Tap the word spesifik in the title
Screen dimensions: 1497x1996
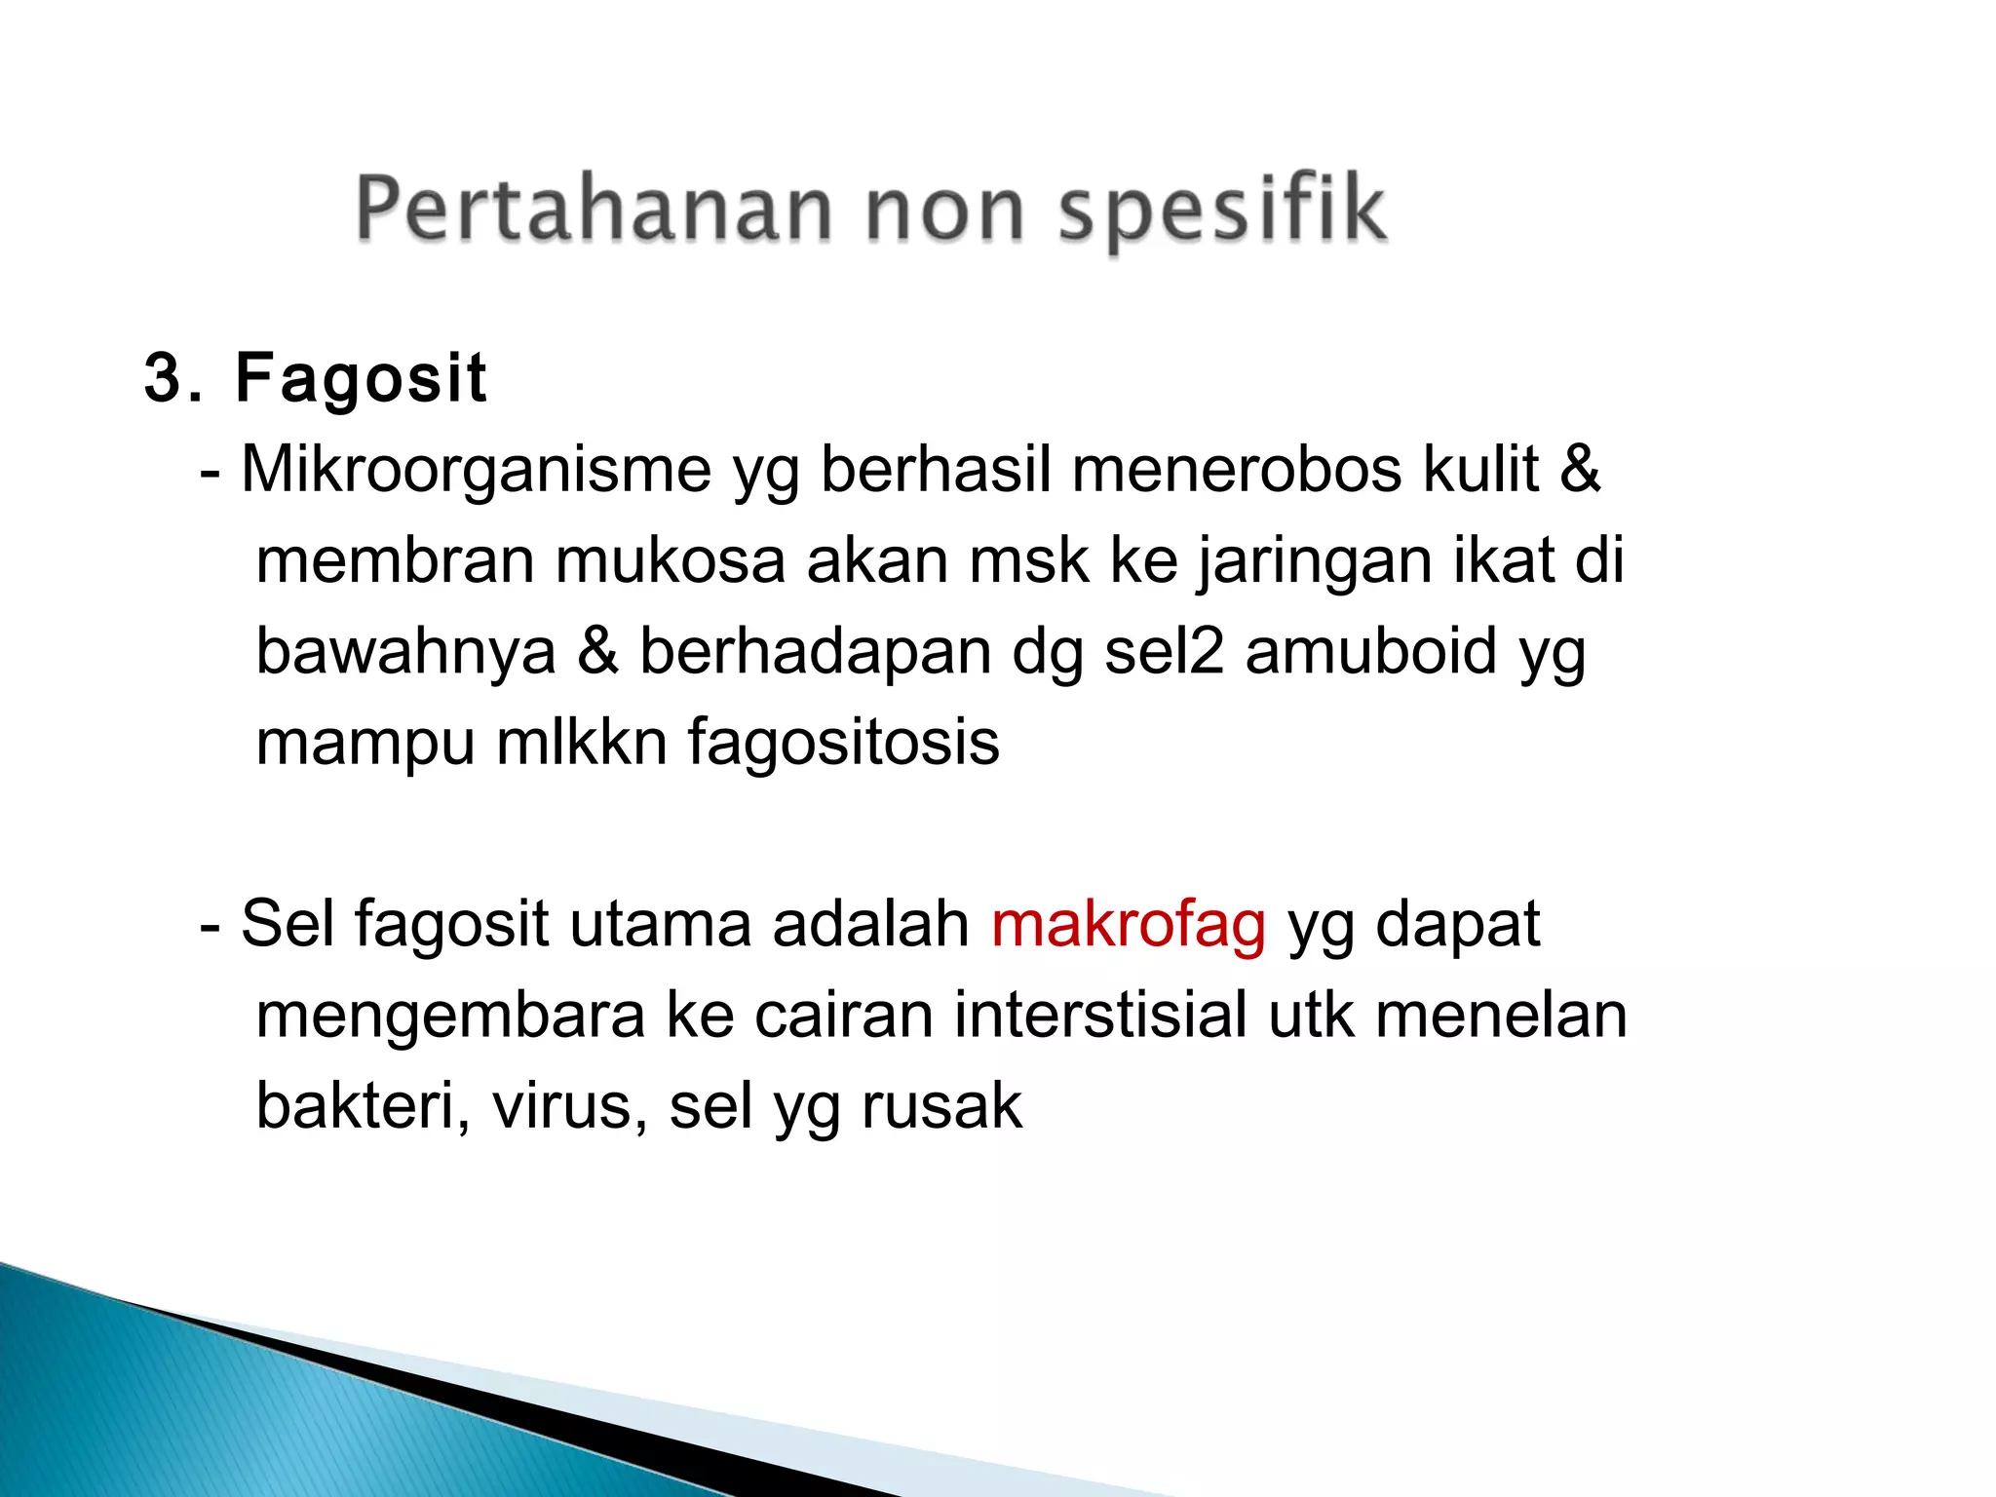1222,210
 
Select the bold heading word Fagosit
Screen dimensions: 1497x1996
361,378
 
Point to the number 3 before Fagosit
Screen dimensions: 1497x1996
162,378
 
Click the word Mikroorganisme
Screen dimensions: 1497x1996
477,471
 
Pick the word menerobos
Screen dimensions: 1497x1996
1236,471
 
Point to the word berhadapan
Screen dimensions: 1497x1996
815,652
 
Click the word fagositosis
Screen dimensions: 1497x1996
843,743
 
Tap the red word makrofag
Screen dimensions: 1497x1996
1129,925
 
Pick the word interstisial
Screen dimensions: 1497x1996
1100,1015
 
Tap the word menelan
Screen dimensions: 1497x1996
1501,1015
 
